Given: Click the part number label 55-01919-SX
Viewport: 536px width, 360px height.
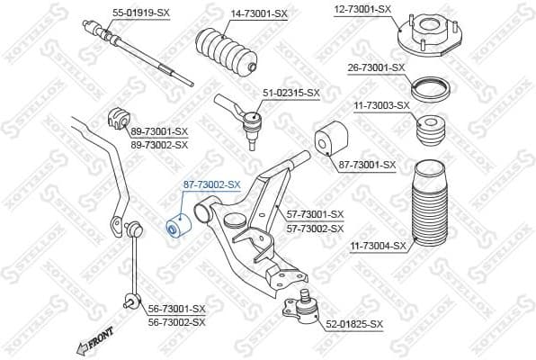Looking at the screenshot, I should (141, 13).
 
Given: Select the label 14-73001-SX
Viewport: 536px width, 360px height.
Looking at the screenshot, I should (259, 13).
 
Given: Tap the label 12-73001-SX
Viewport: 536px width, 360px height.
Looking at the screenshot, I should (363, 8).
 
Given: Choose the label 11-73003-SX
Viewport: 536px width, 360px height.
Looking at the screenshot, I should (381, 105).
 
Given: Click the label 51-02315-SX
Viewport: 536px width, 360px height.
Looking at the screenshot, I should (290, 93).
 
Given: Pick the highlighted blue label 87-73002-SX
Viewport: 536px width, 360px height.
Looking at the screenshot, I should (212, 184).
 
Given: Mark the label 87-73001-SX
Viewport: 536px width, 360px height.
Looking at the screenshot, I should (367, 165).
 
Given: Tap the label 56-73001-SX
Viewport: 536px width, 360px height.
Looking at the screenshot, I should (176, 309).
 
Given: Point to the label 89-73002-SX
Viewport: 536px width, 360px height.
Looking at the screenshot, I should (159, 144).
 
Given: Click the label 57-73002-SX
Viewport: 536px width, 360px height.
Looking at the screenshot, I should (315, 229).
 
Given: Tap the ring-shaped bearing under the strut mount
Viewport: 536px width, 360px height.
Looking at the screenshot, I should (430, 89).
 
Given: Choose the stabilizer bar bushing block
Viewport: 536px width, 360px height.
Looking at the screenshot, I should (119, 114).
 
